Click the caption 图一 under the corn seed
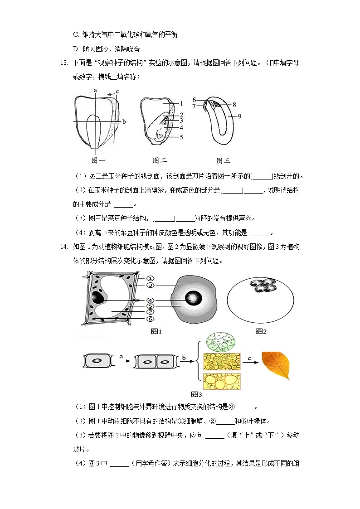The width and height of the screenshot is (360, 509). pos(98,160)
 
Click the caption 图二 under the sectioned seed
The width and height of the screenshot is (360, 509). pos(160,160)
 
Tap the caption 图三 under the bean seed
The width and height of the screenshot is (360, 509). pos(223,160)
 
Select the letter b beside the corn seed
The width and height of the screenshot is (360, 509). pos(124,121)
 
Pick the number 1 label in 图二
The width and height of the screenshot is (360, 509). pos(180,103)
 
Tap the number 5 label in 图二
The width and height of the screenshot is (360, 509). pos(180,136)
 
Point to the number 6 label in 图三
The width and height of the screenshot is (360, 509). pos(194,100)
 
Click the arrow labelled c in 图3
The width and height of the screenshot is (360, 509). pos(250,362)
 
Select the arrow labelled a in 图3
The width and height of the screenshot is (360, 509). pos(121,362)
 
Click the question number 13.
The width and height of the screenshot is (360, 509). pos(63,63)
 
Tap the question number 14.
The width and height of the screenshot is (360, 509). pos(63,247)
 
